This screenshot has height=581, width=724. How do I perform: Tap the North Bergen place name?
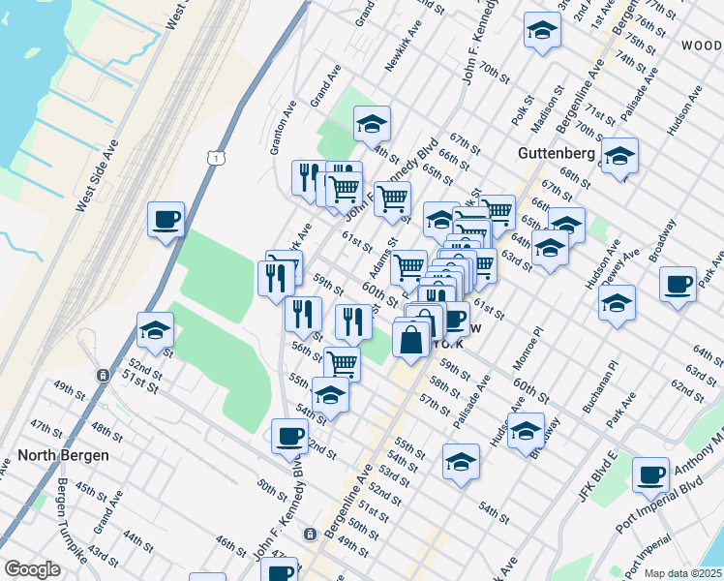point(63,454)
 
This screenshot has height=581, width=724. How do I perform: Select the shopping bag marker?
point(411,340)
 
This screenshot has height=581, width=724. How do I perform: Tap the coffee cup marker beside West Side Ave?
point(166,220)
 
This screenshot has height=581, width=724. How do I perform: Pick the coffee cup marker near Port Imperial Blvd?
point(651,474)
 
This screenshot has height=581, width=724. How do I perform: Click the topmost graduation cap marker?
point(542,31)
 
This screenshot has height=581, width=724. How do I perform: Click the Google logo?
point(32,568)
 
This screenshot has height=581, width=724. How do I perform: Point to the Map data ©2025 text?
point(682,573)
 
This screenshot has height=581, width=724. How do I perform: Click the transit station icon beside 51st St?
point(102,375)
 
